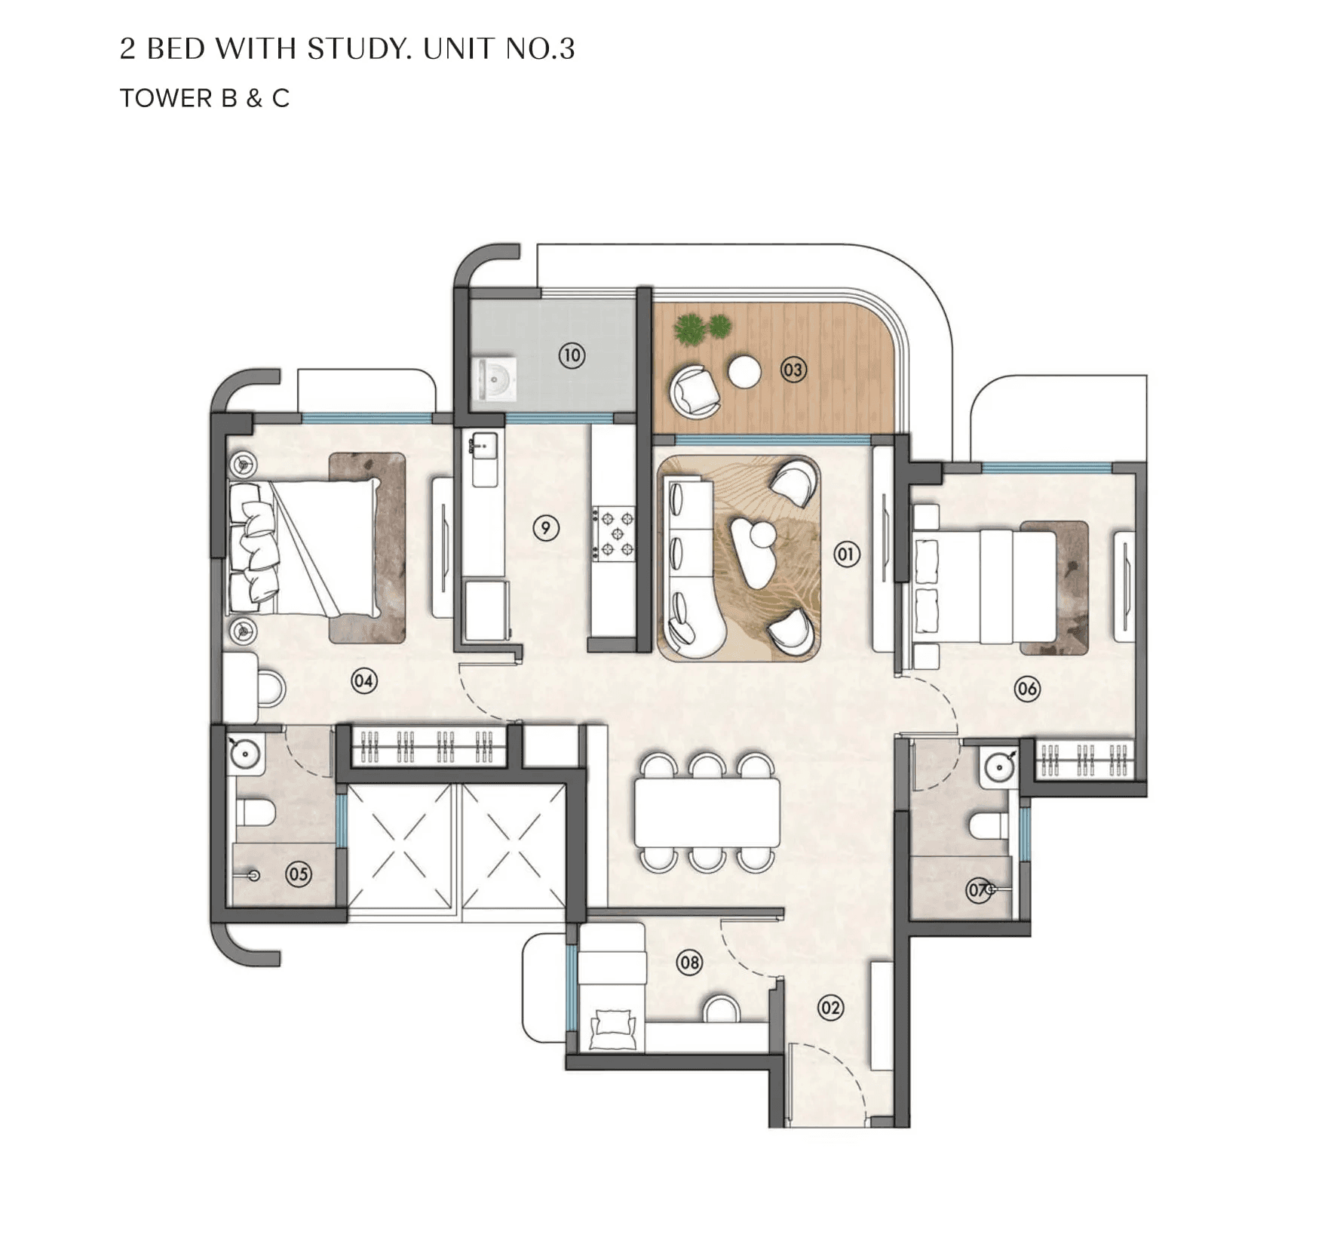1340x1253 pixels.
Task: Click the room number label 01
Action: click(846, 554)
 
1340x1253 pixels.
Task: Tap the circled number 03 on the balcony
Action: click(793, 370)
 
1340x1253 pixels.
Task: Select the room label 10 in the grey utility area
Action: click(572, 355)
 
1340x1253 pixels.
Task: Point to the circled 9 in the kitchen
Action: click(545, 528)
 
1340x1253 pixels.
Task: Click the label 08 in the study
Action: click(689, 962)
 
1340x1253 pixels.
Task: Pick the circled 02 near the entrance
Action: click(830, 1007)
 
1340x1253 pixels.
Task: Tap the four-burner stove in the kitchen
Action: click(615, 534)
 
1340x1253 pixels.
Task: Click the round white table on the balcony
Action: click(745, 371)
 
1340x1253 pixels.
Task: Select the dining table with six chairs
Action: click(707, 812)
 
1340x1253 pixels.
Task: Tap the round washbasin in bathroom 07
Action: click(999, 769)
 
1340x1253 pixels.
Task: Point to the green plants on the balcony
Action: click(701, 329)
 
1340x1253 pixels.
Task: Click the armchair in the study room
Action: click(612, 1027)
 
